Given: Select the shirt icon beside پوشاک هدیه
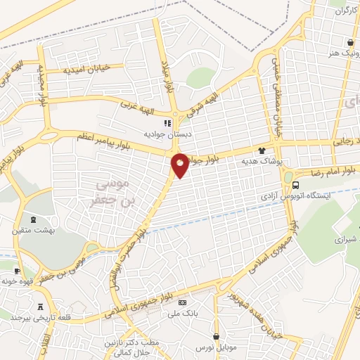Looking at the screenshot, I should coord(262,150).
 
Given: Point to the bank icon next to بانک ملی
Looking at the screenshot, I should coord(184,303).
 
